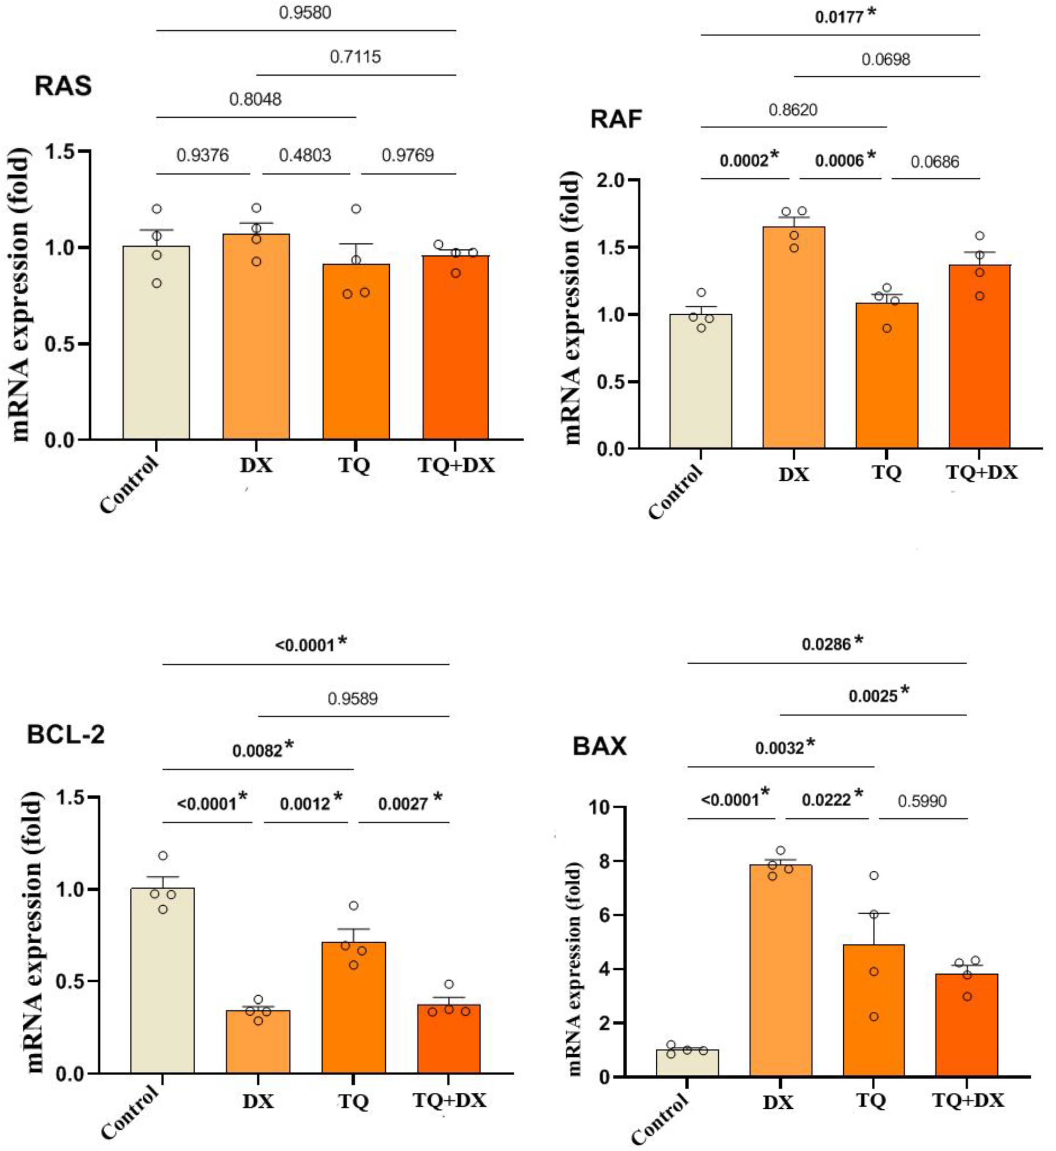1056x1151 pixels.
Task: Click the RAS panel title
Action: [63, 86]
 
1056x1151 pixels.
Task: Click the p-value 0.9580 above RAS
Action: [305, 12]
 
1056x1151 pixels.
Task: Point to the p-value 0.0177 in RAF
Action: [838, 17]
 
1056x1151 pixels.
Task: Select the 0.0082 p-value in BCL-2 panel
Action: [257, 750]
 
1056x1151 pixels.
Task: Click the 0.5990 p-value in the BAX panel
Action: [922, 801]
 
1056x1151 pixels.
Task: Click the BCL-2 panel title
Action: [66, 734]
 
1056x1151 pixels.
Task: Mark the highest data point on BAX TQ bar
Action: [873, 875]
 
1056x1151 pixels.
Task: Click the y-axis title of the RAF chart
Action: [571, 309]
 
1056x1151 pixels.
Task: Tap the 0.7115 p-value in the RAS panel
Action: [355, 57]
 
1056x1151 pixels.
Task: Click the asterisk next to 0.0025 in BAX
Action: [905, 692]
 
